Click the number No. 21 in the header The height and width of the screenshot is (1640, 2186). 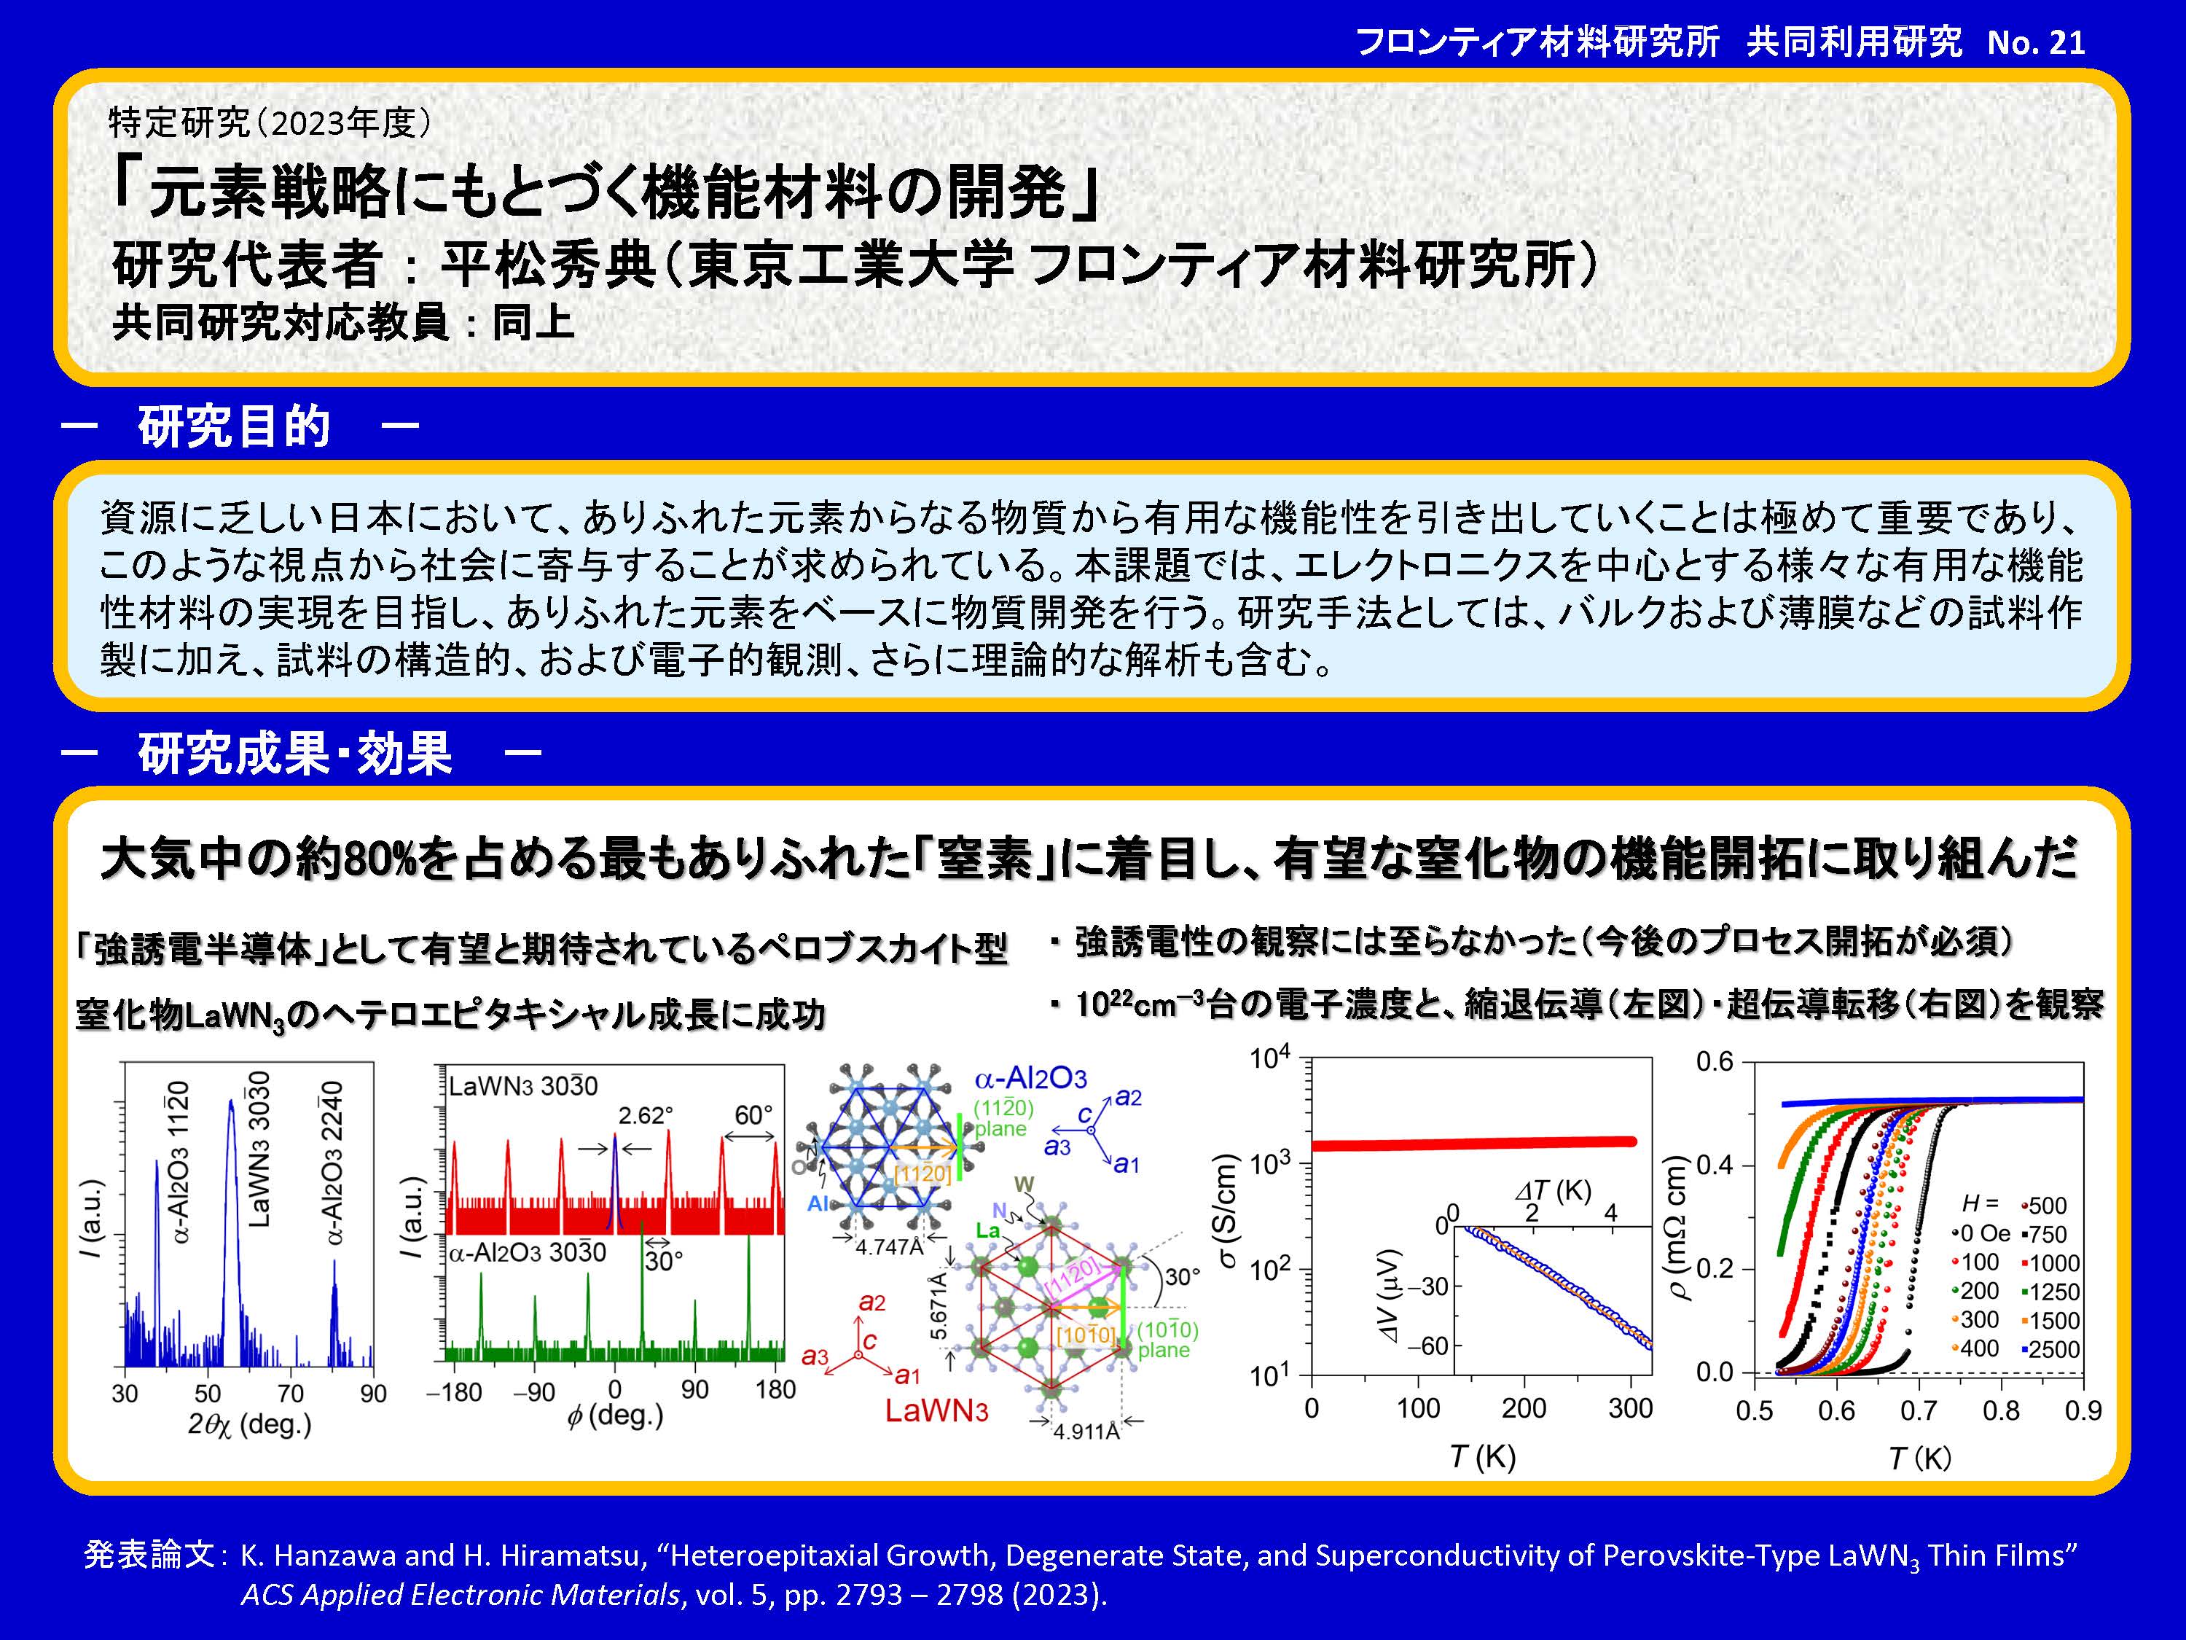(2036, 42)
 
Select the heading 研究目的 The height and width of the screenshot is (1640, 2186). (234, 427)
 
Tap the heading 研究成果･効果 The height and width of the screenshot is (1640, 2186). (294, 753)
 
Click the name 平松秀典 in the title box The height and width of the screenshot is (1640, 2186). (547, 264)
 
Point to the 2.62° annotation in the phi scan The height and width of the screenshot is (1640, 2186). (646, 1115)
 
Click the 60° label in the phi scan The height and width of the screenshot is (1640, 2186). (753, 1115)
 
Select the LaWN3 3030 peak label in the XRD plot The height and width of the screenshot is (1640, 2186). (259, 1149)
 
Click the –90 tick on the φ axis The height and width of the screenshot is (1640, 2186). (533, 1392)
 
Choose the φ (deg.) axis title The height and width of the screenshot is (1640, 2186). (615, 1416)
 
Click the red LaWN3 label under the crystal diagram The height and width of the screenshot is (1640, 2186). (936, 1410)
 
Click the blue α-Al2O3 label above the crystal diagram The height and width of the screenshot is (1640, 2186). (1031, 1079)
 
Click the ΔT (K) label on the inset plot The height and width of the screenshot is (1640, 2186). (1553, 1191)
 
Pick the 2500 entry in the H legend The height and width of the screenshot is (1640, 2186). (2050, 1349)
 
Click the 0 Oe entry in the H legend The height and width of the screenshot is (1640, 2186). (1981, 1234)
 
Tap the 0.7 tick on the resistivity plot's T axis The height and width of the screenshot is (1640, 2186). (1918, 1410)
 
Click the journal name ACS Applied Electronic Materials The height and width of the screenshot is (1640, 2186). (461, 1595)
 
